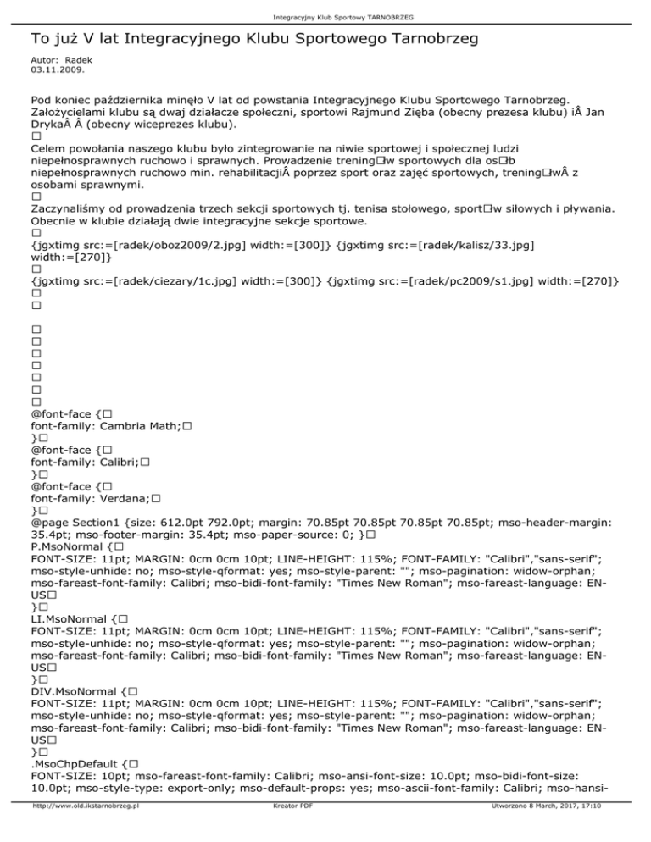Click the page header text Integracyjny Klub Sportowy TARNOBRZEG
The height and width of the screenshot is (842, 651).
coord(325,16)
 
